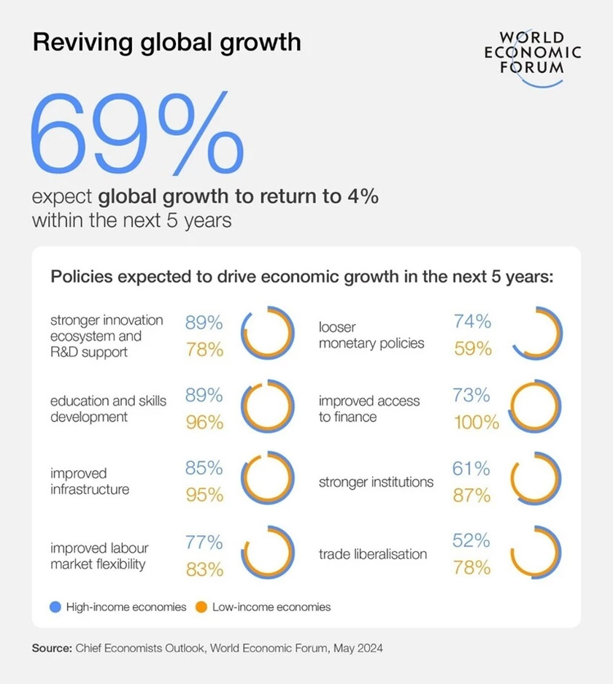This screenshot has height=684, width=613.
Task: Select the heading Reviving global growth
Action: click(166, 42)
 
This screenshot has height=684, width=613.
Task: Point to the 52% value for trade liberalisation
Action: click(472, 540)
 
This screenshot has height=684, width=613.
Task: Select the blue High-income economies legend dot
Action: click(55, 607)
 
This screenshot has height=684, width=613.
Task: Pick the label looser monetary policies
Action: click(371, 335)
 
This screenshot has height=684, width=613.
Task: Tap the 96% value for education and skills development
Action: click(204, 423)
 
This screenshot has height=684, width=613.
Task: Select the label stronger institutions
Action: click(376, 482)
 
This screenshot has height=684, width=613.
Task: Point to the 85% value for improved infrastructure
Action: click(204, 467)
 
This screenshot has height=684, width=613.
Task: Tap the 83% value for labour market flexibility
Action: click(204, 569)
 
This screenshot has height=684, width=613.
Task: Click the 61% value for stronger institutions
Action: click(472, 468)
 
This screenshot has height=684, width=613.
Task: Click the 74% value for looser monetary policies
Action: click(472, 321)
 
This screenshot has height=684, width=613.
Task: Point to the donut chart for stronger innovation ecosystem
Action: click(268, 334)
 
